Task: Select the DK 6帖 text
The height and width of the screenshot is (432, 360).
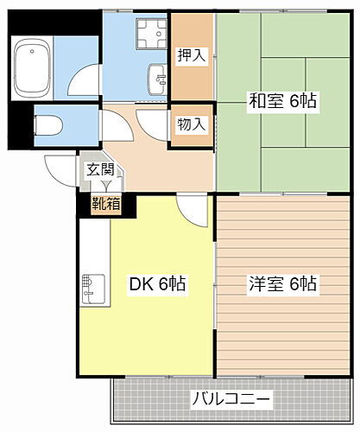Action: [x=159, y=284]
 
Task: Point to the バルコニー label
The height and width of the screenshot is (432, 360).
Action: [x=231, y=400]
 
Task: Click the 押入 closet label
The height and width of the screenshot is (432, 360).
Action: [x=191, y=56]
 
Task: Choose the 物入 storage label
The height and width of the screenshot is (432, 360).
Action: [x=191, y=124]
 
